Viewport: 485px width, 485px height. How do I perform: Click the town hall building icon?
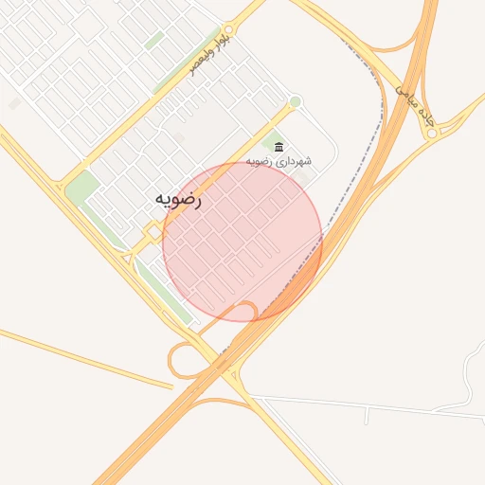pos(278,146)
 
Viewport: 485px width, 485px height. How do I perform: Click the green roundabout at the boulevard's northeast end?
pos(295,101)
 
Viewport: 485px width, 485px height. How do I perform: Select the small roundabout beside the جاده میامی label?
pos(432,134)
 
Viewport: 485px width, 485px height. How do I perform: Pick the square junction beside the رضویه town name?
pos(153,231)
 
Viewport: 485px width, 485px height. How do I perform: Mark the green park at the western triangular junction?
pos(80,184)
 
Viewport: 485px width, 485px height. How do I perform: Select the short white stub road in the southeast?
pos(367,415)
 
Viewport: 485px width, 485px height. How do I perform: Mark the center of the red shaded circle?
pos(242,242)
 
